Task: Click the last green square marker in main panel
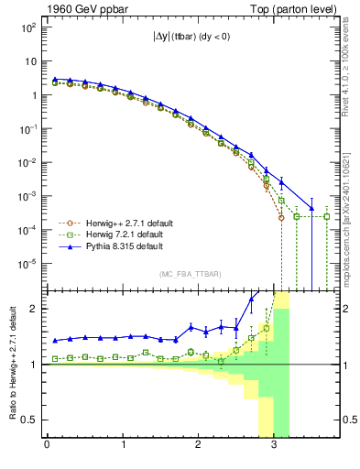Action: click(327, 216)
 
